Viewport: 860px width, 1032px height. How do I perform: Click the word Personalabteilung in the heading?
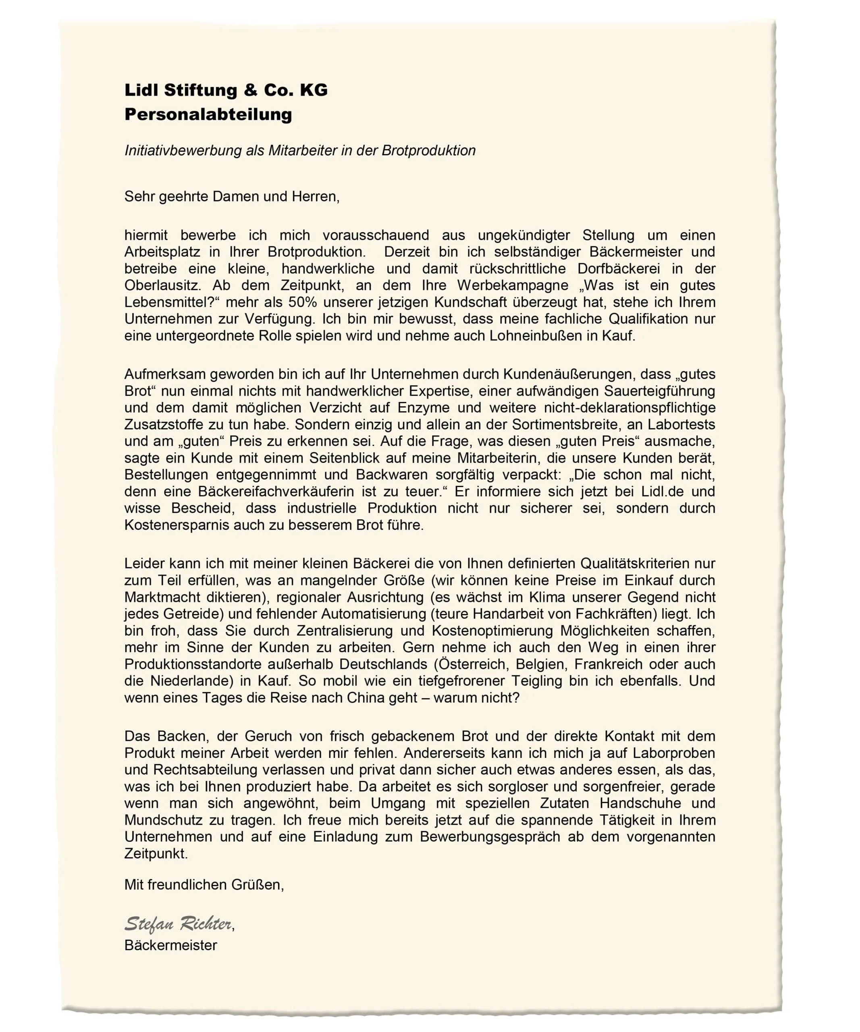pos(208,114)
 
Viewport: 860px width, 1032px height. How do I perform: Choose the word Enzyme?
pos(424,408)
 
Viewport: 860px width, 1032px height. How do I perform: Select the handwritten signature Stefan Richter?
pos(178,924)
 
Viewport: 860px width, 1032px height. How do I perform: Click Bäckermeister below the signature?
pos(170,945)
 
